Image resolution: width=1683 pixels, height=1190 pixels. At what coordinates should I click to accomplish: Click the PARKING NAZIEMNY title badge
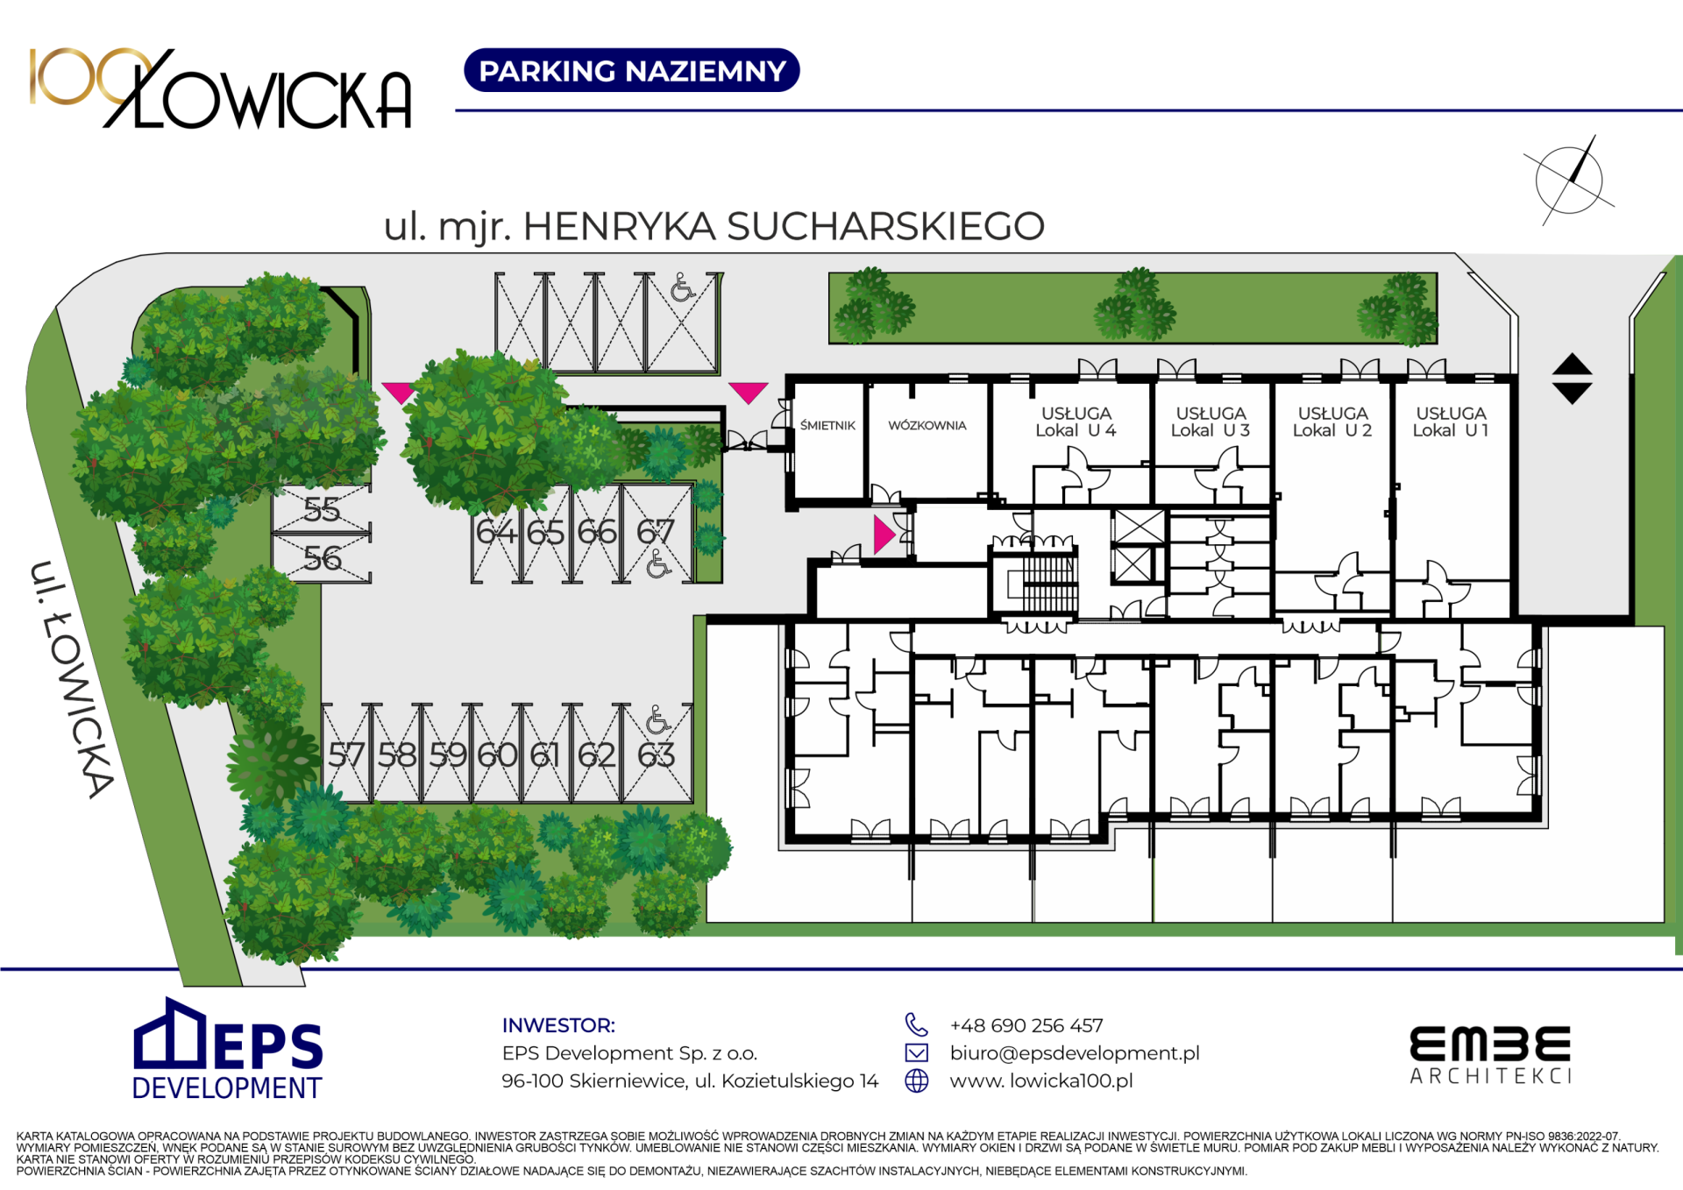click(631, 70)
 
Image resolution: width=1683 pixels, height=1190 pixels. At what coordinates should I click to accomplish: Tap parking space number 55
click(322, 509)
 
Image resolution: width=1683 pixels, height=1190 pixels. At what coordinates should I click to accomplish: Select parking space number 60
click(497, 754)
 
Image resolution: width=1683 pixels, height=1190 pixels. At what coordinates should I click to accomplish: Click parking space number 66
click(597, 532)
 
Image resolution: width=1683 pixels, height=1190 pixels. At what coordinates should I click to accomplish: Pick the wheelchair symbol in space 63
click(657, 720)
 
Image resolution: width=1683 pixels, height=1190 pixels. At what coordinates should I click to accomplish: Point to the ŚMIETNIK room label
click(827, 426)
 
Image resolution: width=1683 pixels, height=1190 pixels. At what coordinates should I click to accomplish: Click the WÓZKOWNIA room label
click(927, 426)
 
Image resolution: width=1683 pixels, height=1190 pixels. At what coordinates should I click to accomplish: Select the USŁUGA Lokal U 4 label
click(1076, 421)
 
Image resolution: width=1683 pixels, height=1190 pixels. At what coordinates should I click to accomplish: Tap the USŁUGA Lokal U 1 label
click(1451, 421)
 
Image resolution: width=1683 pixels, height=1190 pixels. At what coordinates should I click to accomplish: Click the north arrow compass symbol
click(1569, 181)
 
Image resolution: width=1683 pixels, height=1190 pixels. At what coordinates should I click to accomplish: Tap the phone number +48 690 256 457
click(1026, 1025)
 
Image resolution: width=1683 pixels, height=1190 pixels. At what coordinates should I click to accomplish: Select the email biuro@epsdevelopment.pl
click(1074, 1053)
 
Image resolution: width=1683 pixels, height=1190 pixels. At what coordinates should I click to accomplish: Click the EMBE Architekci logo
click(1490, 1056)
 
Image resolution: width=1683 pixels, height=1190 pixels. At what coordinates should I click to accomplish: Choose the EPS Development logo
click(227, 1050)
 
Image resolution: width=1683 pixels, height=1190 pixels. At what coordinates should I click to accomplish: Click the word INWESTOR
click(558, 1025)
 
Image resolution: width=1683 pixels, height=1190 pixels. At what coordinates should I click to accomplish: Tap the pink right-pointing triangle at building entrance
click(884, 535)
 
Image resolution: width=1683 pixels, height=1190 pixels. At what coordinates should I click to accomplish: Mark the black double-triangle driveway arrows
click(1572, 379)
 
